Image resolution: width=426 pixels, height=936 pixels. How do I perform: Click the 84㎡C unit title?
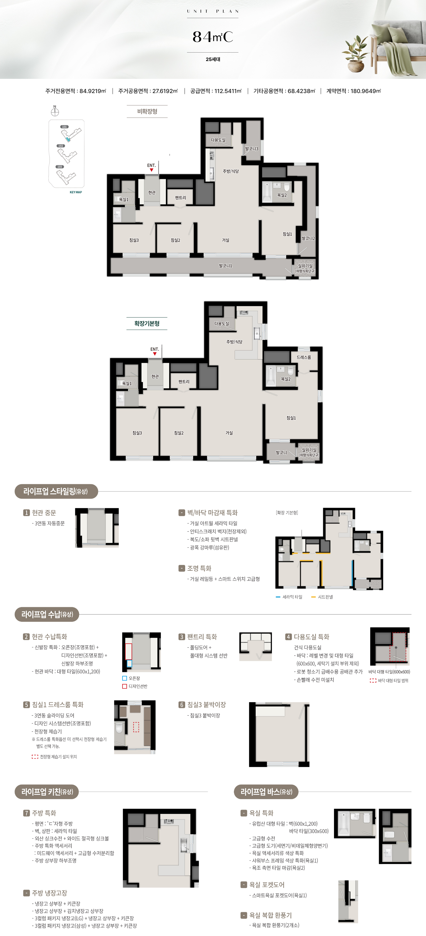coord(213,37)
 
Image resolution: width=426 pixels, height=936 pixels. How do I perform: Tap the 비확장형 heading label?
coord(147,111)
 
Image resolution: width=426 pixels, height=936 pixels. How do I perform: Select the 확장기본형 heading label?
coord(147,323)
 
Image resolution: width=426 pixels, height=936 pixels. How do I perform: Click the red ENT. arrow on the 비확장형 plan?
coord(151,170)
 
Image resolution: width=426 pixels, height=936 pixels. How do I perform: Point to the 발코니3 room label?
coord(252,149)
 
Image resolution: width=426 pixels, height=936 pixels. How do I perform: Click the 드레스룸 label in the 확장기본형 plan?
coord(303,357)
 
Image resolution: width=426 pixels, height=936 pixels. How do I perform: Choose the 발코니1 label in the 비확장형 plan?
coord(225,266)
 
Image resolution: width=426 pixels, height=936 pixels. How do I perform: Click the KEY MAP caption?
coord(76,192)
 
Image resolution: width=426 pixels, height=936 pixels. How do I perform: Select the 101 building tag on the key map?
coord(64,127)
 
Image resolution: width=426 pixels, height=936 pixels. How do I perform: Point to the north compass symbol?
coord(55,111)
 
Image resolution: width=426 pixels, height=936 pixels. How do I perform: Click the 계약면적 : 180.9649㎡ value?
coord(354,91)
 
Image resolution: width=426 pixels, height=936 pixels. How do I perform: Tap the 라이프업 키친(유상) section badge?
coord(47,792)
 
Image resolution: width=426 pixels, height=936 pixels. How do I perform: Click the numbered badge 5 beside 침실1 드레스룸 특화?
coord(26,705)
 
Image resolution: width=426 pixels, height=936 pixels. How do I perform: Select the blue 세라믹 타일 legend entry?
coord(289,597)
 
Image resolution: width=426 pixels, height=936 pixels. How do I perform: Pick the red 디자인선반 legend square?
coord(124,686)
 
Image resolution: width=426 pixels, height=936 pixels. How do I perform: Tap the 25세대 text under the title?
coord(213,59)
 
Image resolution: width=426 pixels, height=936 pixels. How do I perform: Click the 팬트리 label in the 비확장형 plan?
coord(180,198)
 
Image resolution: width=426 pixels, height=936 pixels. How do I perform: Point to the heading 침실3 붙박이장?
coord(206,705)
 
